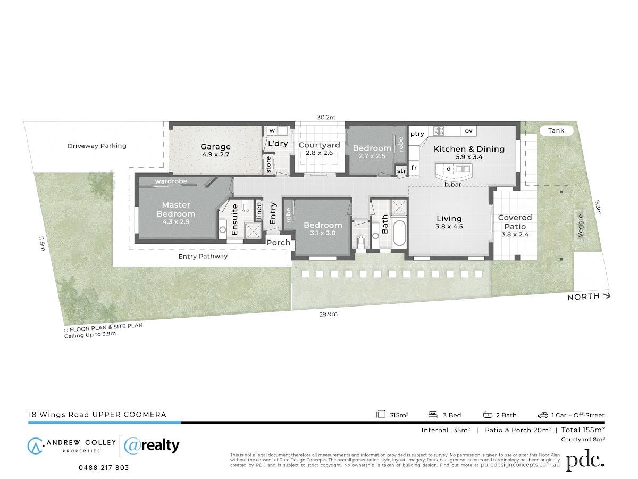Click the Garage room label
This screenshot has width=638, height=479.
(x=215, y=147)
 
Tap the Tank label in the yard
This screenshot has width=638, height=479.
(x=556, y=130)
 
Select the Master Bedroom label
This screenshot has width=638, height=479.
(x=176, y=209)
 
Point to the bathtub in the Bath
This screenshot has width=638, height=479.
(x=399, y=233)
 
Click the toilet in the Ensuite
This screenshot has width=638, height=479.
(x=246, y=206)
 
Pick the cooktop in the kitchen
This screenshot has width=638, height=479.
(x=439, y=131)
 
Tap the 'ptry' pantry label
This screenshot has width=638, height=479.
(x=417, y=134)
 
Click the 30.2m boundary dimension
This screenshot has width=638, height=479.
(x=326, y=117)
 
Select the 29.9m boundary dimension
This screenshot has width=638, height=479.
(x=328, y=314)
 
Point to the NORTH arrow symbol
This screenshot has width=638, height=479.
(x=606, y=296)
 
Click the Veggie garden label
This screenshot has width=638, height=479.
(x=581, y=226)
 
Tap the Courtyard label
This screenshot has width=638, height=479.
(x=319, y=145)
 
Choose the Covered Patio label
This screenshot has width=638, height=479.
(x=515, y=222)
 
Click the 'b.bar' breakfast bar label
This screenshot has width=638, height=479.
(x=453, y=184)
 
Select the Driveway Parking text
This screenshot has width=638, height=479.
(x=97, y=146)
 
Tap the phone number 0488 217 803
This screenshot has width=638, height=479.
(x=104, y=468)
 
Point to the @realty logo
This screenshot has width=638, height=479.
(x=152, y=446)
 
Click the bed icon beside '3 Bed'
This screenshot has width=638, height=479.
(x=433, y=415)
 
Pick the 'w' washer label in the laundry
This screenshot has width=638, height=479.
(x=272, y=130)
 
